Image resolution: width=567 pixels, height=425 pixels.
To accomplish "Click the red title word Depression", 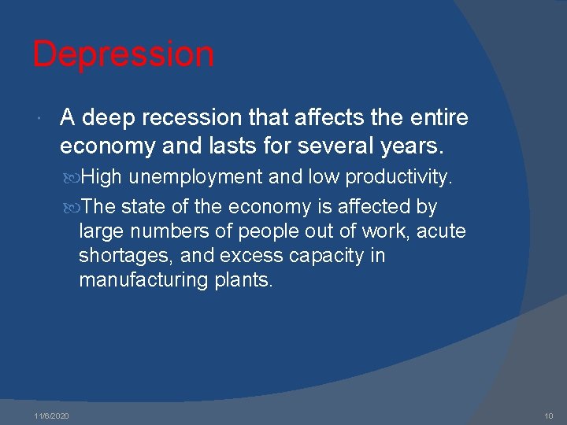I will pyautogui.click(x=123, y=54).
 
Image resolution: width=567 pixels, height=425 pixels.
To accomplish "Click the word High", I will pyautogui.click(x=100, y=177).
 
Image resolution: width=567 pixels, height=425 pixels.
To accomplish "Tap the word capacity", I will pyautogui.click(x=324, y=257).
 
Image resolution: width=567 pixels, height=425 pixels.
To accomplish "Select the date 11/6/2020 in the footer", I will pyautogui.click(x=51, y=415).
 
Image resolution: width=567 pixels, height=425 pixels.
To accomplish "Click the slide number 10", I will pyautogui.click(x=548, y=415).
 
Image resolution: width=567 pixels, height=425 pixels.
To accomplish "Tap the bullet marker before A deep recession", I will pyautogui.click(x=39, y=119).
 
